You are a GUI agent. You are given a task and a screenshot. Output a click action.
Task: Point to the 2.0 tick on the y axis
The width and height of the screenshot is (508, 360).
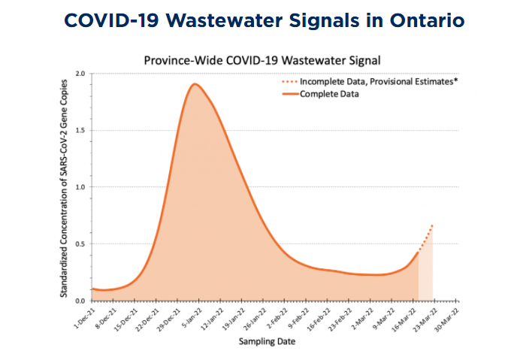80,74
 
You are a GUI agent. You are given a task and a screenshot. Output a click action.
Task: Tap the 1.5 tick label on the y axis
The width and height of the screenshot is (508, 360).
80,130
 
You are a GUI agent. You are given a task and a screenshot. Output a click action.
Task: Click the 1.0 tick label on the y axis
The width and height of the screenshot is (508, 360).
80,187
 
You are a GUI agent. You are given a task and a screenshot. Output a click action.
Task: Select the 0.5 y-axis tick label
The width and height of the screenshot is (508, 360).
80,244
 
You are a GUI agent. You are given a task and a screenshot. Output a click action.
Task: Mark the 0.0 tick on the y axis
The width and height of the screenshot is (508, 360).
80,301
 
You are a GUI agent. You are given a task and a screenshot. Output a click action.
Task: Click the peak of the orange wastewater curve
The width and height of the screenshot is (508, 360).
195,83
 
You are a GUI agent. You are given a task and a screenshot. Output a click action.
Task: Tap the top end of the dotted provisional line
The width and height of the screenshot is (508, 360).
433,225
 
